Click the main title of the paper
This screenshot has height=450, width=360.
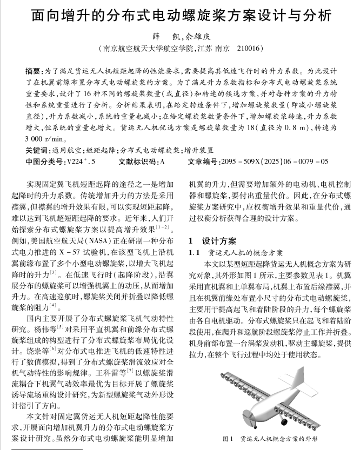pos(179,15)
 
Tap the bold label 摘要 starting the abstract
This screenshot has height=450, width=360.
pos(33,70)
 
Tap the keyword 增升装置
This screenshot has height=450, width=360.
pos(199,150)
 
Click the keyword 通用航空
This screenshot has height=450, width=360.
pos(68,150)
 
